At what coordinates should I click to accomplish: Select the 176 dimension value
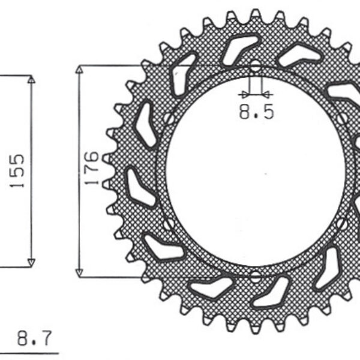(x=91, y=169)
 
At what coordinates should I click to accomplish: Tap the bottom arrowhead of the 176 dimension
(x=78, y=272)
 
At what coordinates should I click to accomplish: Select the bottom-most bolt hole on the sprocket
(x=256, y=277)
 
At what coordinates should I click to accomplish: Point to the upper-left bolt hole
(x=169, y=118)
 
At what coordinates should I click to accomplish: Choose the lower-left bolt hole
(x=169, y=224)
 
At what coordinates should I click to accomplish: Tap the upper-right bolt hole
(x=343, y=118)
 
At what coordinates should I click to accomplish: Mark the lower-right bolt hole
(x=343, y=224)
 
